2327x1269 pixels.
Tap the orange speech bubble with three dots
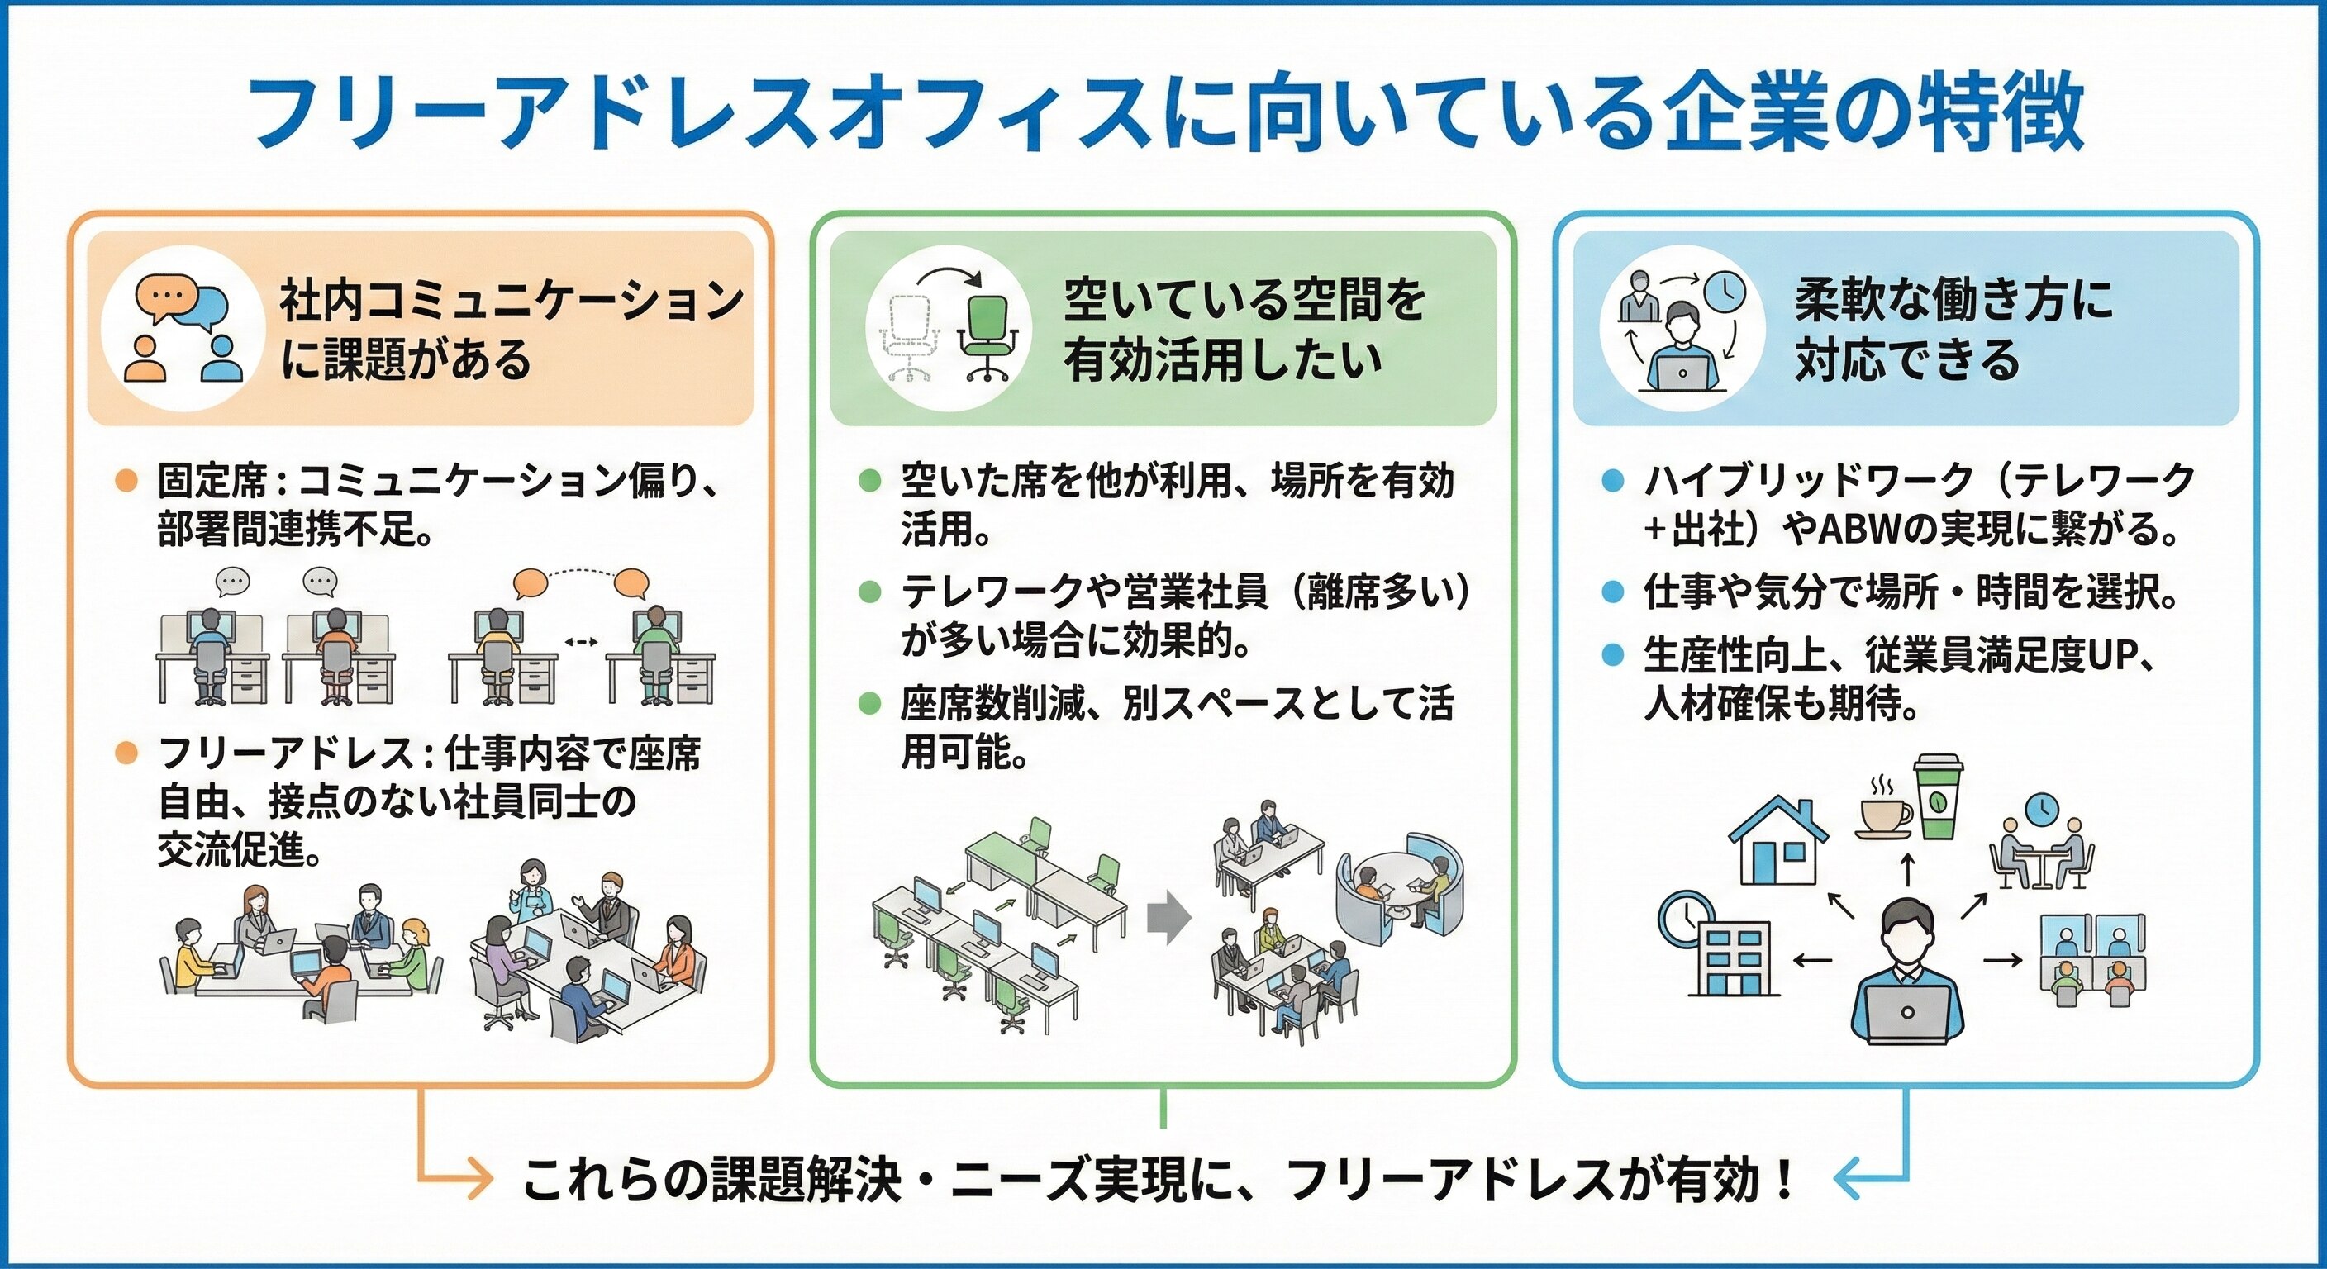coord(165,297)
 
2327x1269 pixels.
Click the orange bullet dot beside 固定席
coord(126,481)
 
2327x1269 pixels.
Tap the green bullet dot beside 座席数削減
coord(869,704)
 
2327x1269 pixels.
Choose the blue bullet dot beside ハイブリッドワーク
coord(1611,481)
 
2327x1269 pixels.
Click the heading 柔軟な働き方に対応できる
coord(1951,328)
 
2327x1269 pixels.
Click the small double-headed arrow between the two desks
coord(580,642)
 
